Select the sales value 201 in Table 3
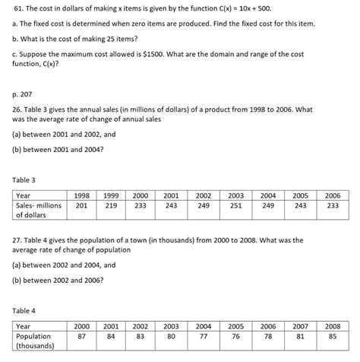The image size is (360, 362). [x=82, y=205]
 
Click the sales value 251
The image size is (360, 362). [x=236, y=205]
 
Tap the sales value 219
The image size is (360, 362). [x=112, y=205]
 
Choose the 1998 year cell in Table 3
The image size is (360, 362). [x=82, y=195]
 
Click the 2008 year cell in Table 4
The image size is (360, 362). [x=332, y=325]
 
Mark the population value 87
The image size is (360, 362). [x=82, y=336]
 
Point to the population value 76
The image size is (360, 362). [x=236, y=336]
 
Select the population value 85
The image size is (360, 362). [x=332, y=336]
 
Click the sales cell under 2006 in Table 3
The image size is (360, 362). [x=332, y=205]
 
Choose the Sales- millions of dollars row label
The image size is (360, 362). [x=39, y=210]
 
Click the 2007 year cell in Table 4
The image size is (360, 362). [x=300, y=325]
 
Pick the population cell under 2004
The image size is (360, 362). [x=204, y=336]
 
